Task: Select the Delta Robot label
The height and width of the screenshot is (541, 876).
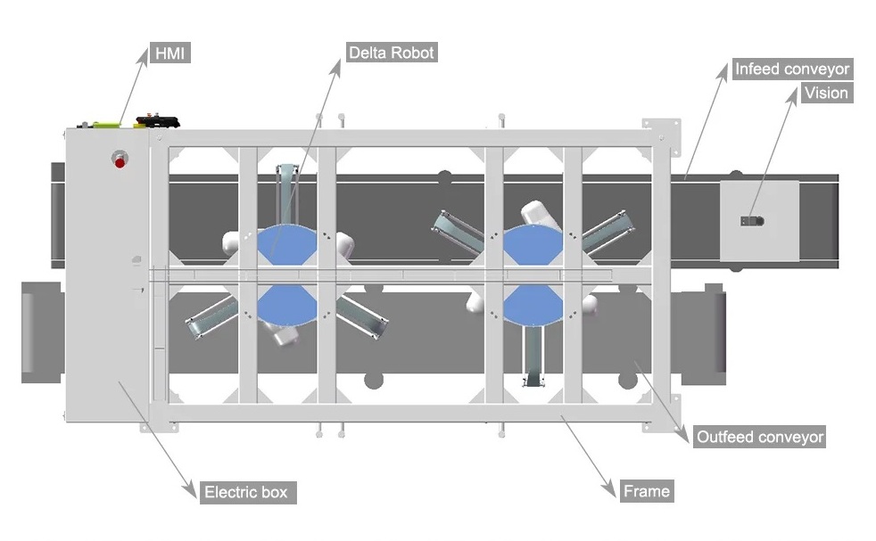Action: [x=393, y=53]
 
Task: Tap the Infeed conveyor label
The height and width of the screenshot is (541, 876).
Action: [x=791, y=69]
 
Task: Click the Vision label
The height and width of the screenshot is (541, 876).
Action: [x=826, y=93]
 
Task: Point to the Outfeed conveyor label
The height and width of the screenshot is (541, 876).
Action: [x=759, y=437]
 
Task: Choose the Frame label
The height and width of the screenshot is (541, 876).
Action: [x=647, y=490]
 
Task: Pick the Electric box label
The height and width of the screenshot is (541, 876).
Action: [x=245, y=491]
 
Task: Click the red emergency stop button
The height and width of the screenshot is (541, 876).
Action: [x=119, y=160]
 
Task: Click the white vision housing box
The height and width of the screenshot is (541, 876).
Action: [x=760, y=223]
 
